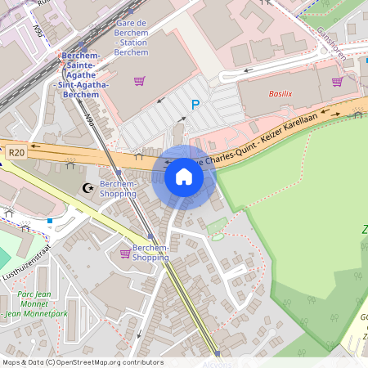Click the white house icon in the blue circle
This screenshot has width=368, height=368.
coord(184,177)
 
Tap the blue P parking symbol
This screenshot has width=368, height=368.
coord(195,104)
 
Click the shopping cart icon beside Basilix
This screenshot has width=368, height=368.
coord(337,81)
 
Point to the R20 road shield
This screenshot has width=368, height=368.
coord(16,152)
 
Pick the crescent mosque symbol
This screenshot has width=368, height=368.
coord(88,189)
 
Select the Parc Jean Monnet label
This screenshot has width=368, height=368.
coord(34,294)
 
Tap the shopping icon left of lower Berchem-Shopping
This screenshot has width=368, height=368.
coord(124,254)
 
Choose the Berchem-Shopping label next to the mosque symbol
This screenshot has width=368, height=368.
coord(117,189)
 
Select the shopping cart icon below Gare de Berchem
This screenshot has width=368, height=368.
coord(139,81)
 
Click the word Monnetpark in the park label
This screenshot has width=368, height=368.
coord(45,313)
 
